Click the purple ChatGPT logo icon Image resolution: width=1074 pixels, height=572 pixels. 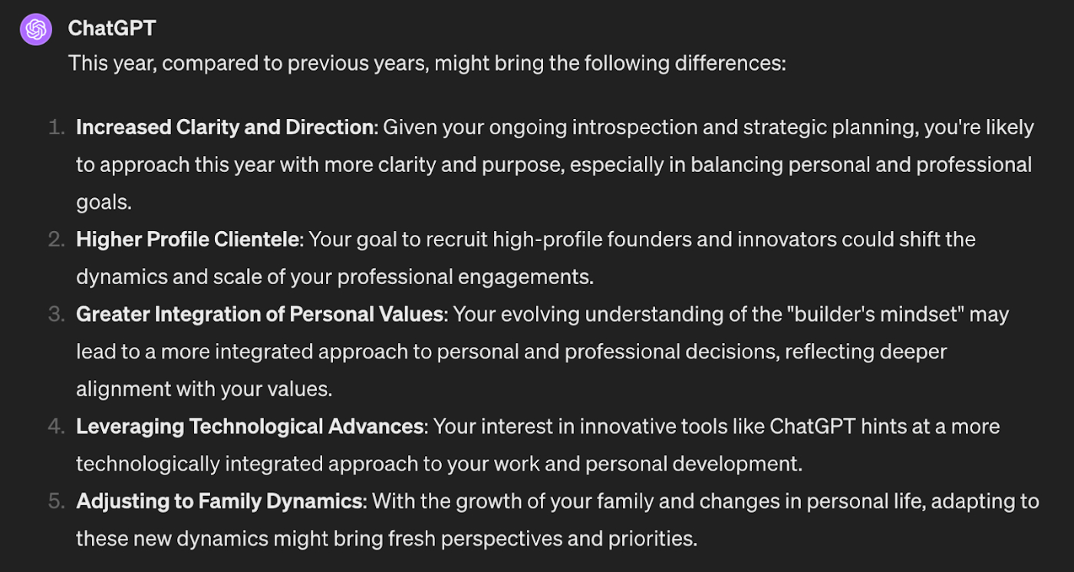pos(36,29)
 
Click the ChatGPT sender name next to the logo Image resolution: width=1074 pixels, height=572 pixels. pos(112,28)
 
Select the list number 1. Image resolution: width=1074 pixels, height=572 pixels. pos(57,127)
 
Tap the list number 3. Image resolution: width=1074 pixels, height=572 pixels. pos(57,314)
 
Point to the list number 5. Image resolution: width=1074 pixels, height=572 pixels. pos(57,501)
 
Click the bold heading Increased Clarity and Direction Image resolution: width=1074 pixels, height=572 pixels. pos(226,127)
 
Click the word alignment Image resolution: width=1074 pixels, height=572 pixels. pos(123,390)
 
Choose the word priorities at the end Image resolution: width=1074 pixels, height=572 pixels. pos(653,539)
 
